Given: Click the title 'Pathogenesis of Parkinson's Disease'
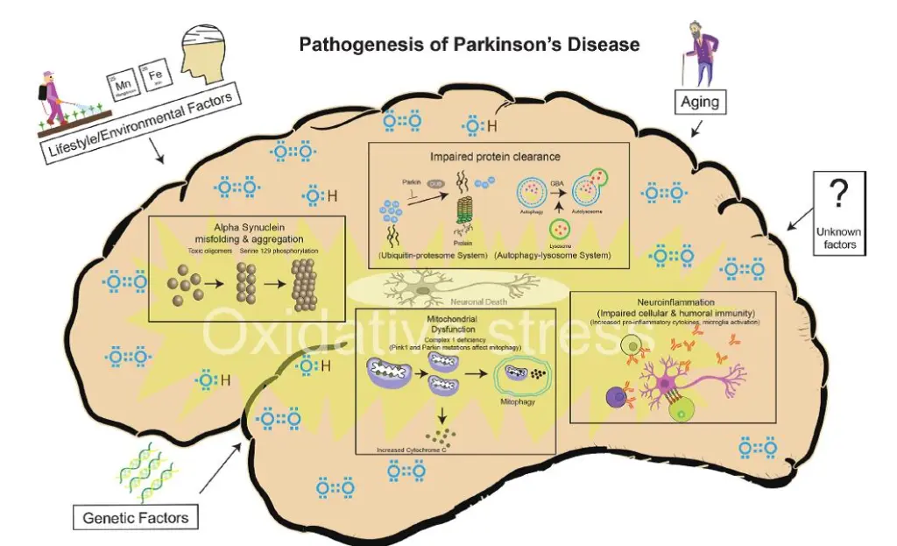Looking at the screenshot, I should (x=469, y=44).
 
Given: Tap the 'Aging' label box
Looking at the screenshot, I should (x=700, y=103).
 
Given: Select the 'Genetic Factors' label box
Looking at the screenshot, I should (x=135, y=517).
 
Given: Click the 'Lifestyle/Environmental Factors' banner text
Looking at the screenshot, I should (x=141, y=127).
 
